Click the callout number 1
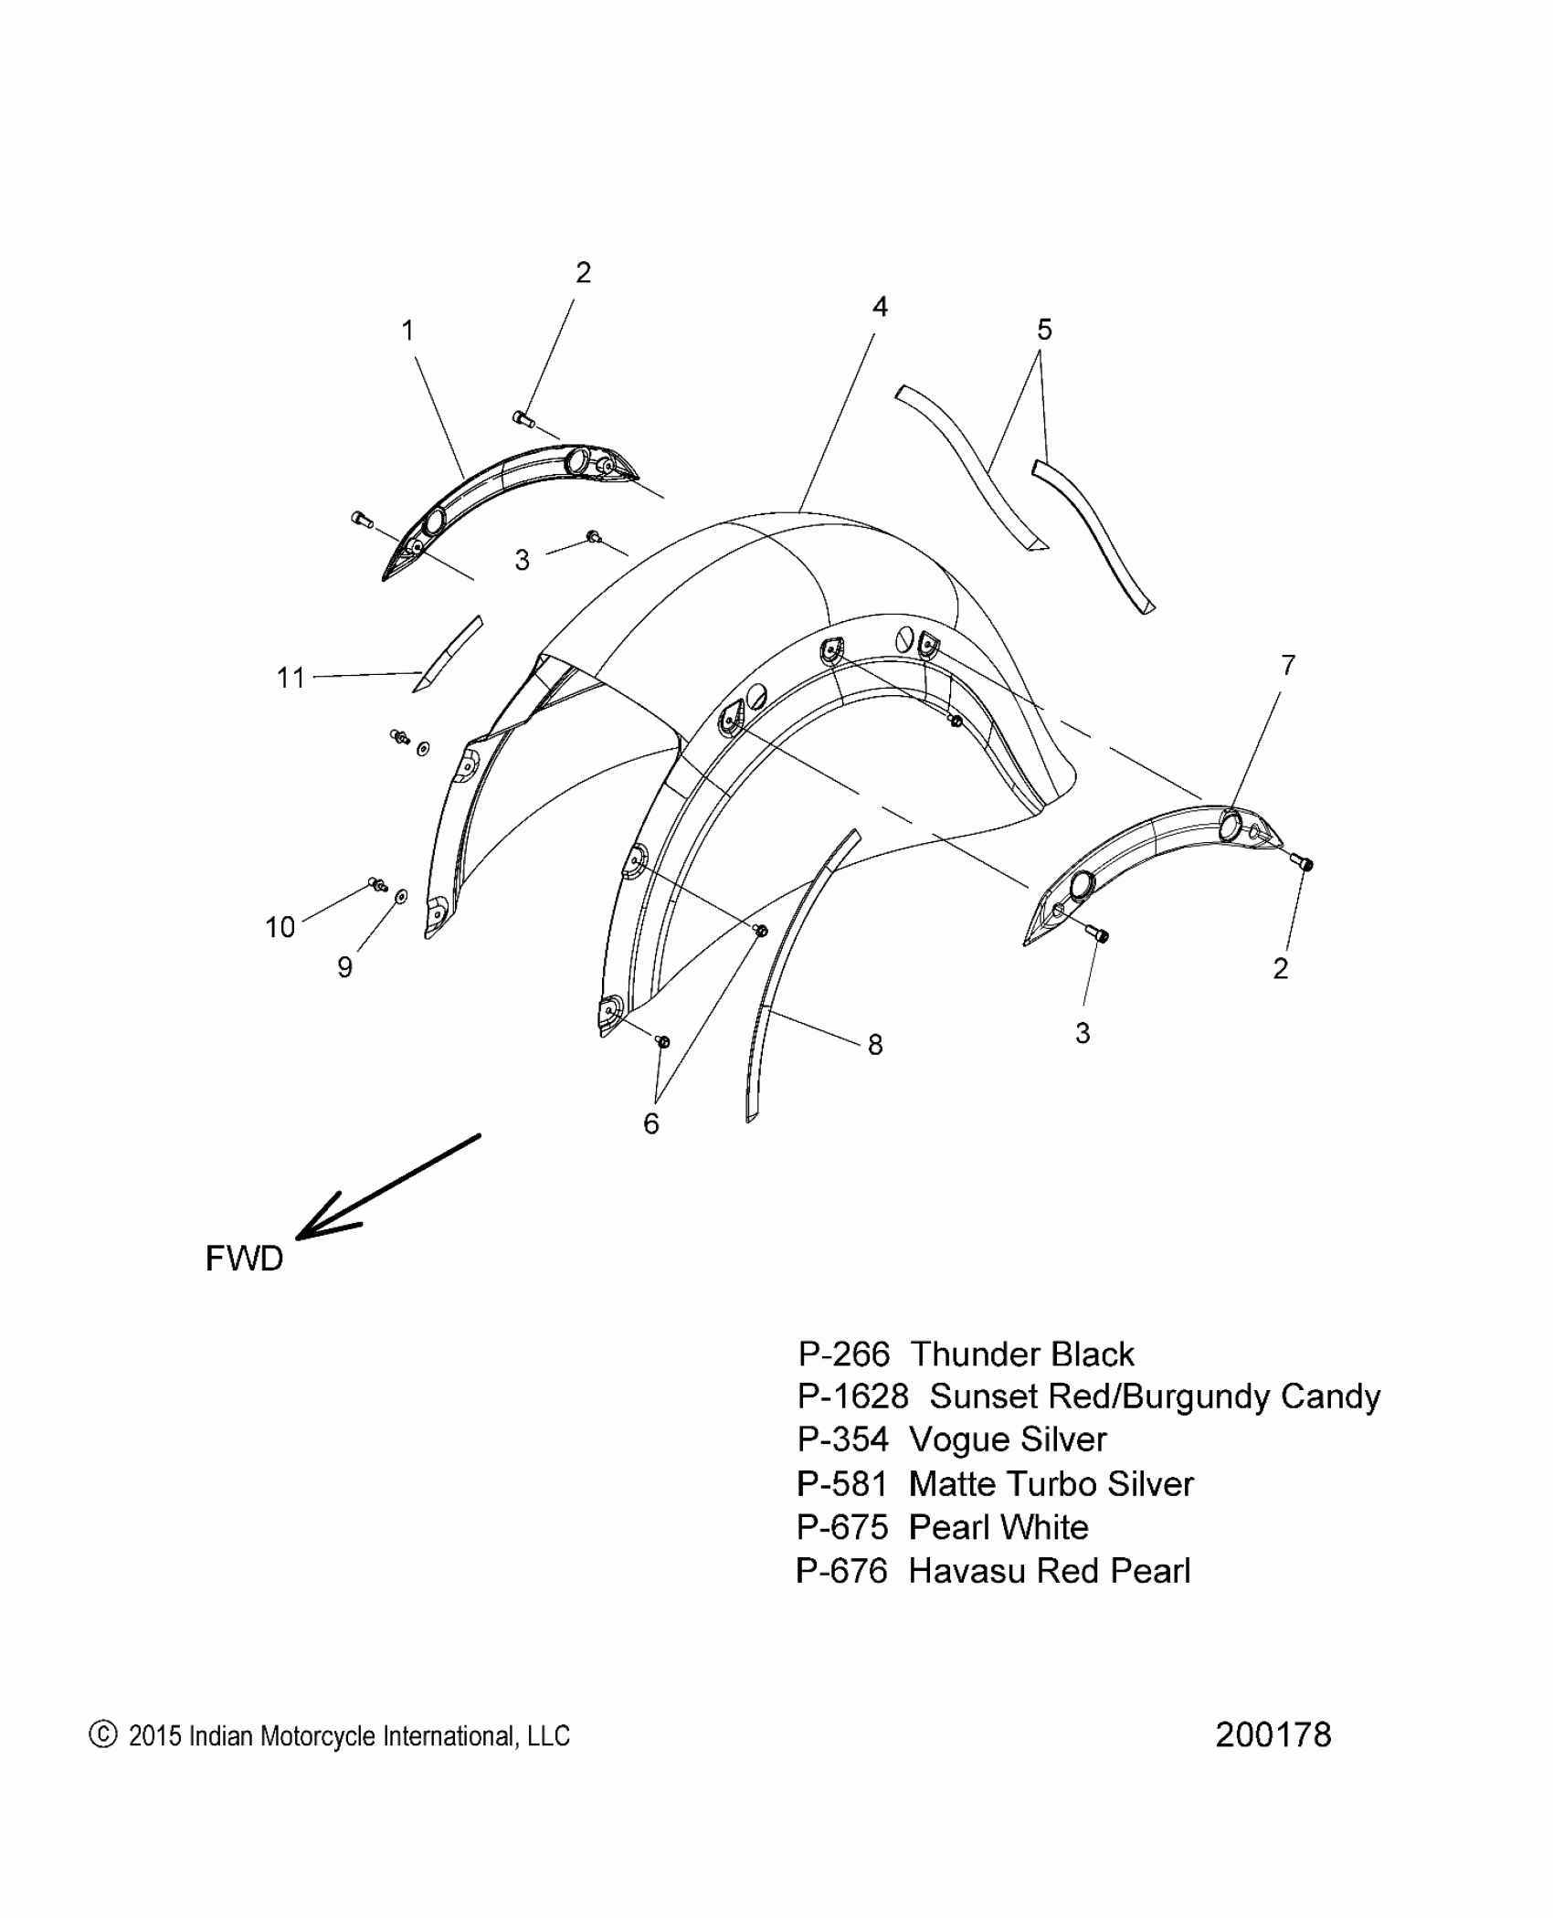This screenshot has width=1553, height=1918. click(x=407, y=330)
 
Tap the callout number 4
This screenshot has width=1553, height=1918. click(x=879, y=307)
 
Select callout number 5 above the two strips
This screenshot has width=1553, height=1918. click(x=1044, y=330)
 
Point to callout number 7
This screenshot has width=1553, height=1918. click(x=1287, y=666)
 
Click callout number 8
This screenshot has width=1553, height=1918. click(x=875, y=1045)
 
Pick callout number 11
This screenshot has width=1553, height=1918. click(x=291, y=678)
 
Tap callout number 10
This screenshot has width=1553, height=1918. click(x=280, y=927)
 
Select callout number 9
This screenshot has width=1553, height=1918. click(x=344, y=967)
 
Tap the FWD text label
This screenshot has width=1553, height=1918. click(x=244, y=1259)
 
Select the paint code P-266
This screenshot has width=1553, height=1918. click(x=843, y=1354)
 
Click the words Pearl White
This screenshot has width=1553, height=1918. click(x=998, y=1527)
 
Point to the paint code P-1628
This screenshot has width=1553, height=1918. click(x=853, y=1397)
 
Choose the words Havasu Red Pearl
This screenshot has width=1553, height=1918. click(x=1050, y=1571)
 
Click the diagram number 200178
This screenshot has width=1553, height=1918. click(x=1273, y=1734)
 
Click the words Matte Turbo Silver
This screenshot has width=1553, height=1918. click(x=1051, y=1484)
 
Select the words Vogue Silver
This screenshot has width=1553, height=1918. click(x=1008, y=1440)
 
